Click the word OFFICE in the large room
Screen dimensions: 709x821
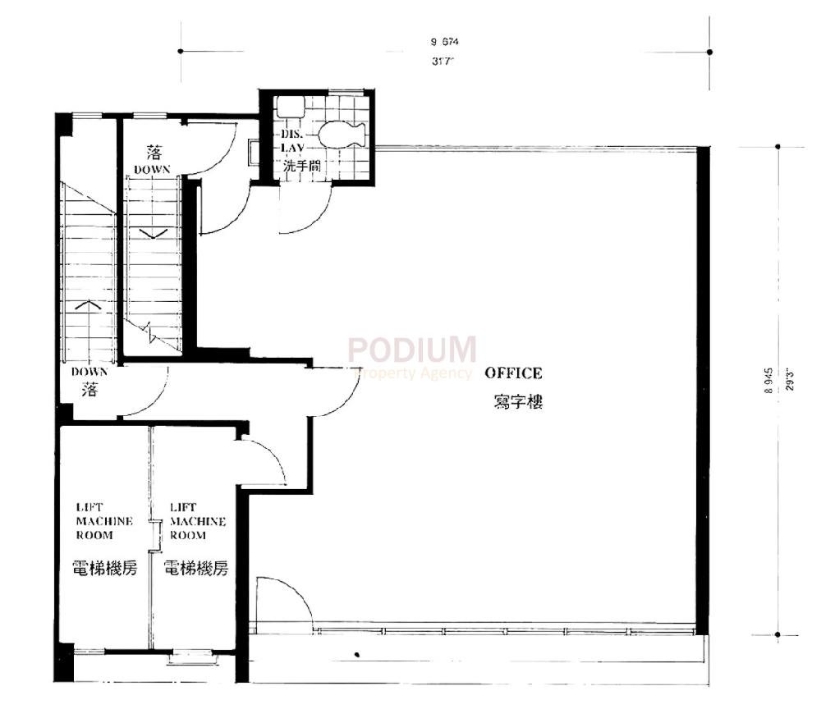513,373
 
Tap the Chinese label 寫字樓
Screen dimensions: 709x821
518,403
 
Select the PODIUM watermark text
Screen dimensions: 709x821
412,350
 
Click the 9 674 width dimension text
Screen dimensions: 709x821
443,41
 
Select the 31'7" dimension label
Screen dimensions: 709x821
443,61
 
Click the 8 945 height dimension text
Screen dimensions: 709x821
768,382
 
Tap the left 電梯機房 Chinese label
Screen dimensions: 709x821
103,568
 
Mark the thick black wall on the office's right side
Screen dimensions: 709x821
702,390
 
